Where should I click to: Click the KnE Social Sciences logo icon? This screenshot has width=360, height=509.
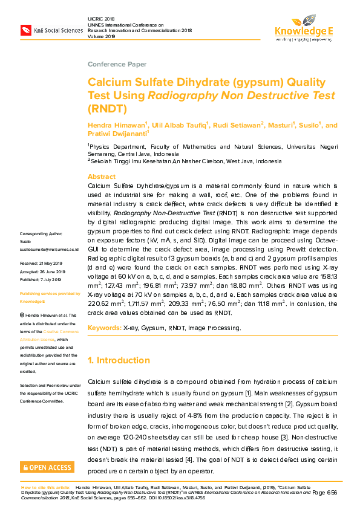pos(26,30)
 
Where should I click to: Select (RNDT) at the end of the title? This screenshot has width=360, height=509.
pos(108,109)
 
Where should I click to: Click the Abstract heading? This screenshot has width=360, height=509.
pos(101,177)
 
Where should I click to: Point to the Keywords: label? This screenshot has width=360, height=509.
pos(104,328)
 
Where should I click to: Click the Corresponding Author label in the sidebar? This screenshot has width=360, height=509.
pos(41,233)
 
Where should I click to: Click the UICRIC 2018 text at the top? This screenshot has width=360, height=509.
pos(96,19)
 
